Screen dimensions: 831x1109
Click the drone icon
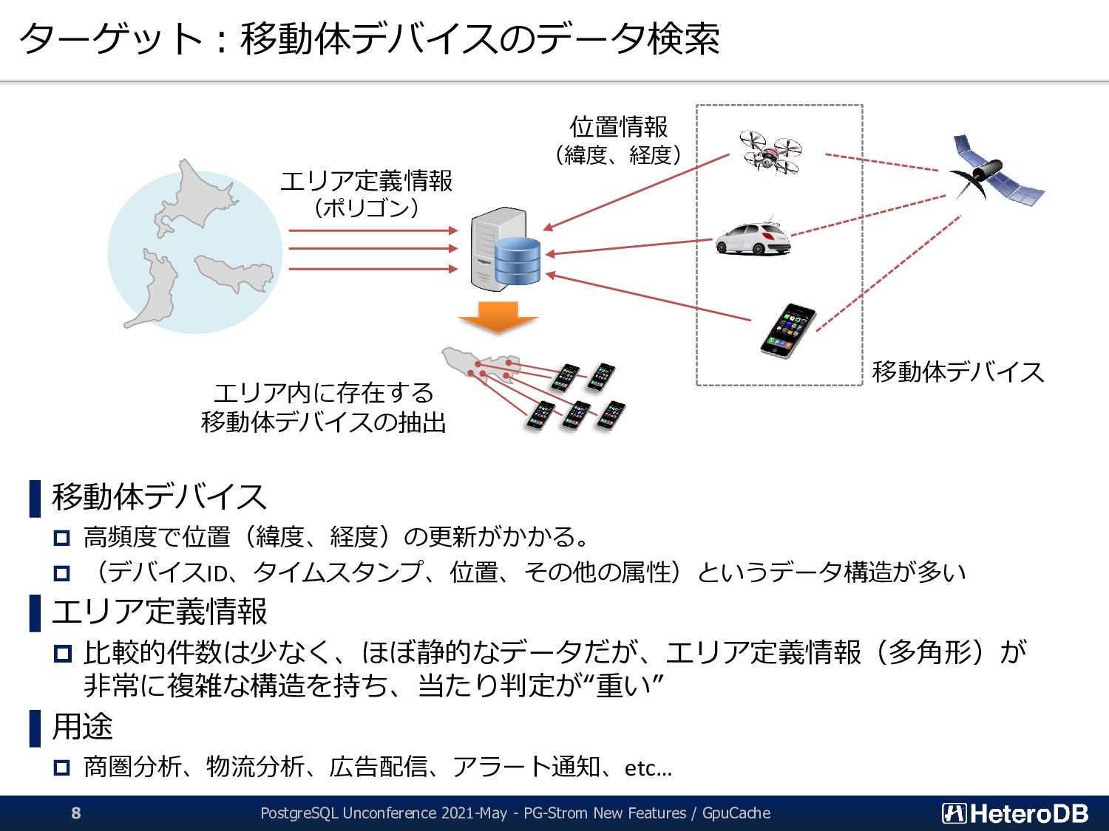(770, 152)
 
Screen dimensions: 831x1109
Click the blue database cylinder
(518, 261)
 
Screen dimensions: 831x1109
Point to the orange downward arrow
(498, 316)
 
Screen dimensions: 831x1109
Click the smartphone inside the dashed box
(788, 330)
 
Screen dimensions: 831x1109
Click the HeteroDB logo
(1015, 813)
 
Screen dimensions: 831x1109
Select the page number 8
(76, 813)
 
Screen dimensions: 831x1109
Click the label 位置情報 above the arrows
(618, 127)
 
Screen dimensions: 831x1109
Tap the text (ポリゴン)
(366, 208)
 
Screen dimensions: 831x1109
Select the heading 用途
(82, 726)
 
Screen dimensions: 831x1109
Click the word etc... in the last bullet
(648, 768)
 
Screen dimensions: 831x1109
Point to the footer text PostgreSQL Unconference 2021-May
(384, 813)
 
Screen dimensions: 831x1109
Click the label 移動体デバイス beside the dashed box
(957, 372)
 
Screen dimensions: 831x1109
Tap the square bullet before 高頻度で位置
(62, 538)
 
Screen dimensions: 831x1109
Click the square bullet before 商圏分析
(62, 767)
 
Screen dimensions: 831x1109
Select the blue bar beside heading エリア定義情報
(35, 612)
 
